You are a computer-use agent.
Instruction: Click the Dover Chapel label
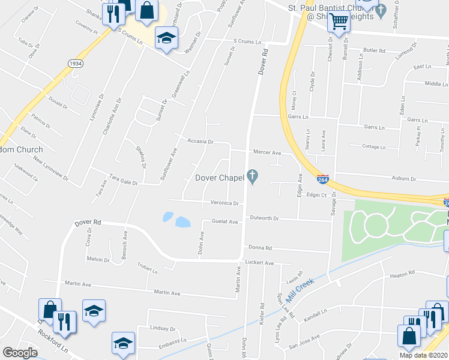click(x=219, y=178)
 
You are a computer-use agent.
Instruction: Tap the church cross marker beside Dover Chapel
click(x=253, y=177)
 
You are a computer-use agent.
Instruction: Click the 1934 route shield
click(x=76, y=63)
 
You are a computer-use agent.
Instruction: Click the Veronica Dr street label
click(x=224, y=203)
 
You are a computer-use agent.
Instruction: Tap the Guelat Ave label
click(x=225, y=221)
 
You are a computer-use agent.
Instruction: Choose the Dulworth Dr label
click(x=265, y=218)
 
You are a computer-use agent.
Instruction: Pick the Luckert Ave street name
click(x=261, y=263)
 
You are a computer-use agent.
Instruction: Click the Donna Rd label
click(x=261, y=247)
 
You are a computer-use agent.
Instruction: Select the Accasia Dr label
click(x=201, y=142)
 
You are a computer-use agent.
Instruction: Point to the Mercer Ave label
click(x=267, y=153)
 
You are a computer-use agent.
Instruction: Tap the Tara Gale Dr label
click(x=124, y=181)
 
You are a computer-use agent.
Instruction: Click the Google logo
click(x=20, y=353)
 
